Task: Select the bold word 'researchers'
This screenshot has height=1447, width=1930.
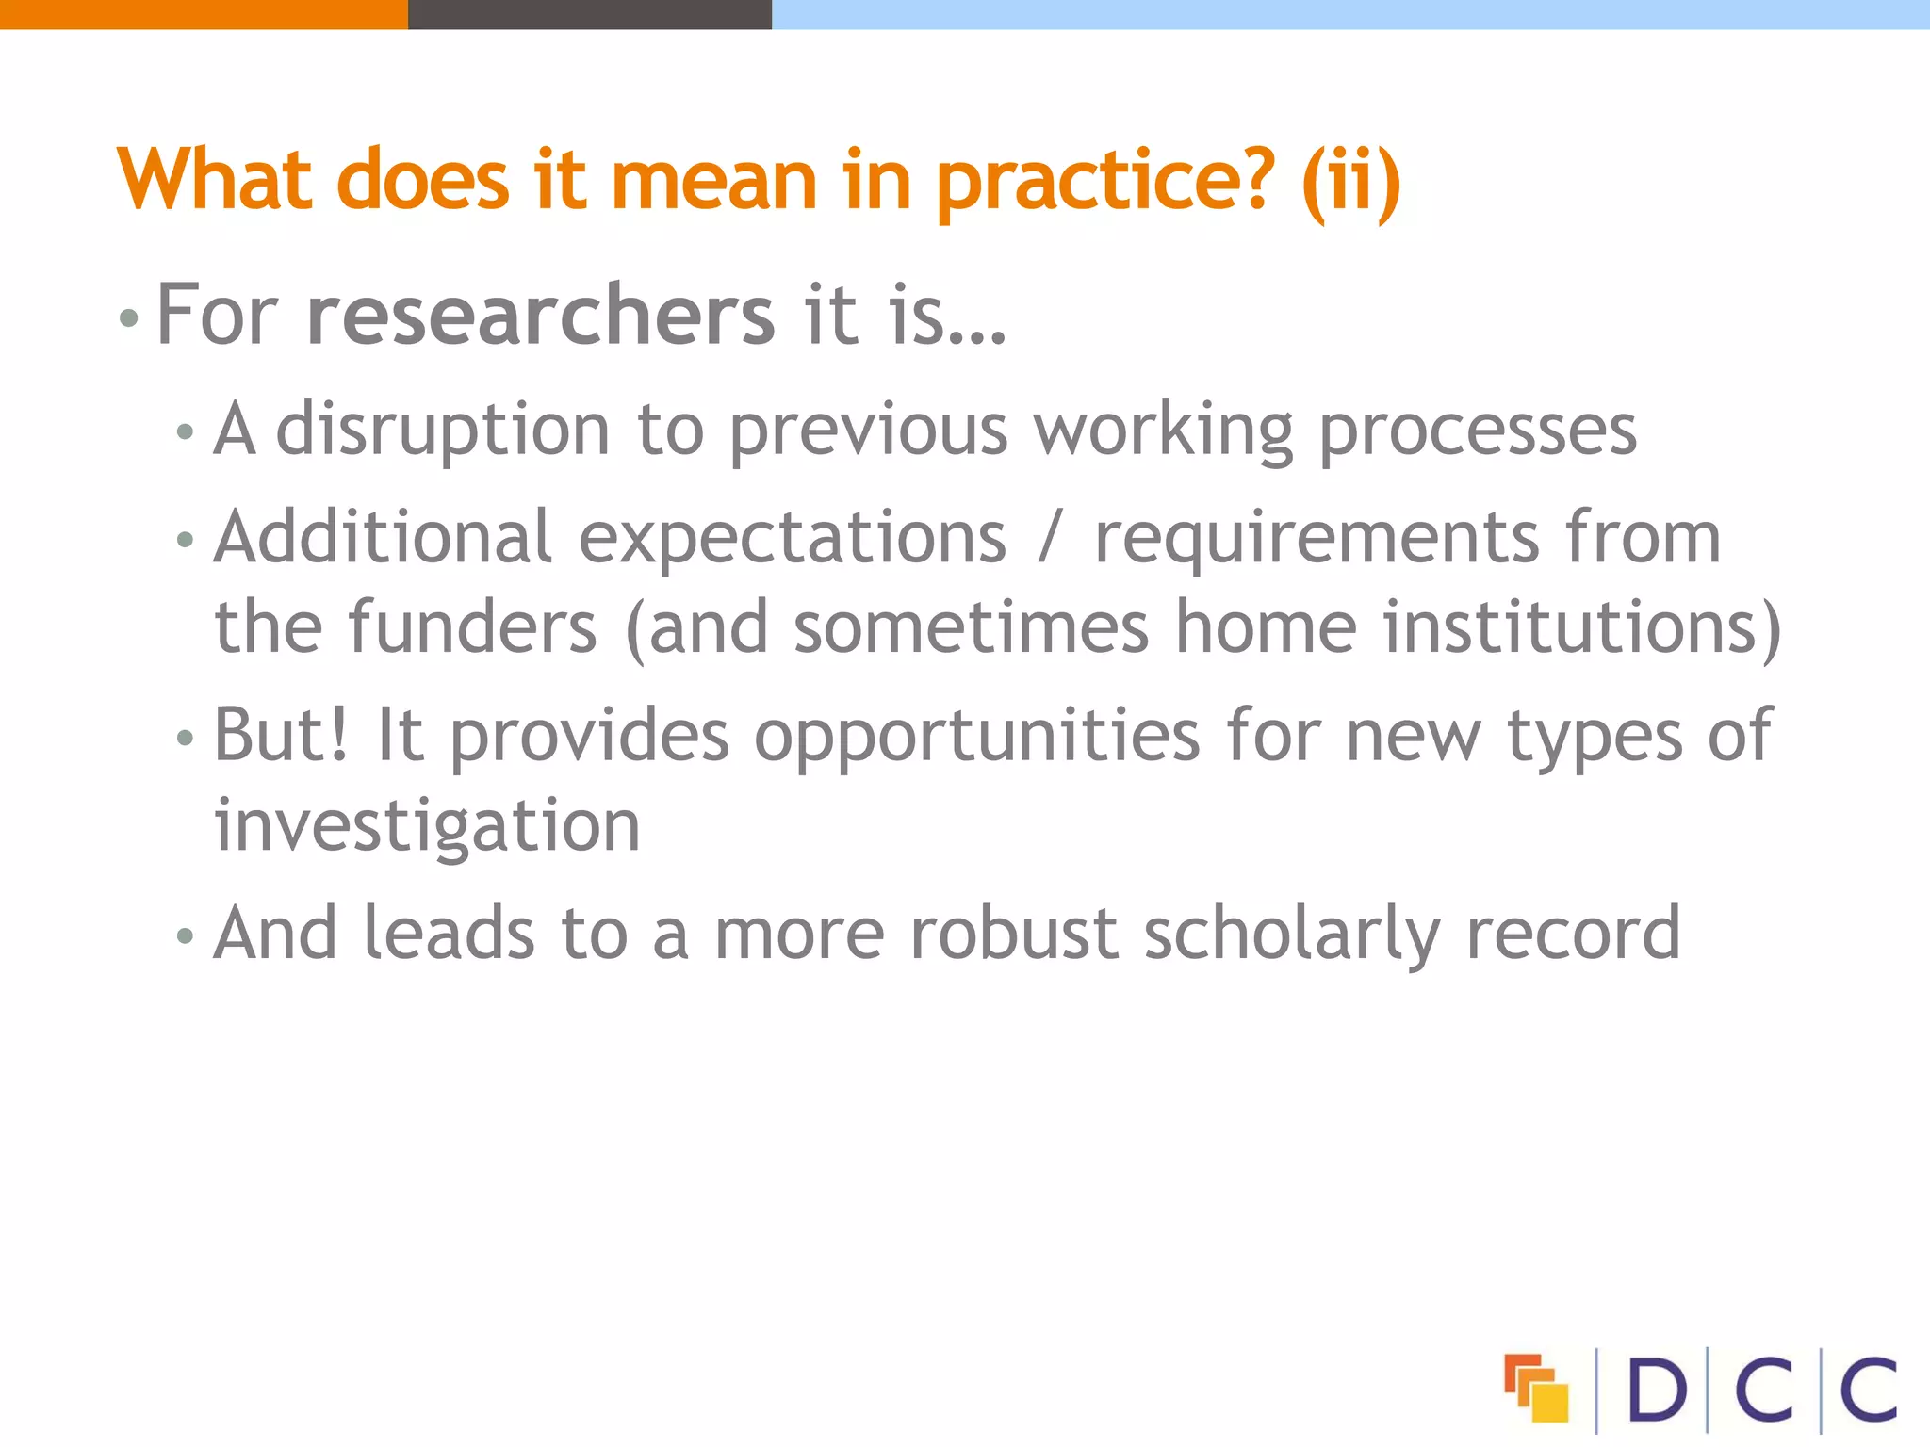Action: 541,315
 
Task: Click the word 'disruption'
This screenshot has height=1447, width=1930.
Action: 443,431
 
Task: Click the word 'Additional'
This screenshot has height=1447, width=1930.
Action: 383,538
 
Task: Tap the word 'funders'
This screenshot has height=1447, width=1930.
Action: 472,628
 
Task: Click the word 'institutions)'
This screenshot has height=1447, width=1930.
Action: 1582,628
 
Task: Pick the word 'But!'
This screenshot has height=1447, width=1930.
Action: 281,736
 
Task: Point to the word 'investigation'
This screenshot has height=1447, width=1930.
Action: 427,826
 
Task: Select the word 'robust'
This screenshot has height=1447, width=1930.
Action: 1014,934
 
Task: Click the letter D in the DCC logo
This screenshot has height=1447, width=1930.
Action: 1656,1389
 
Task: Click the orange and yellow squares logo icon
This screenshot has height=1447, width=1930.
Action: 1536,1388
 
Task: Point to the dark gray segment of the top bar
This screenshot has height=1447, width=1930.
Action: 589,14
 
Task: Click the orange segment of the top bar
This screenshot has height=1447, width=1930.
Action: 204,14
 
